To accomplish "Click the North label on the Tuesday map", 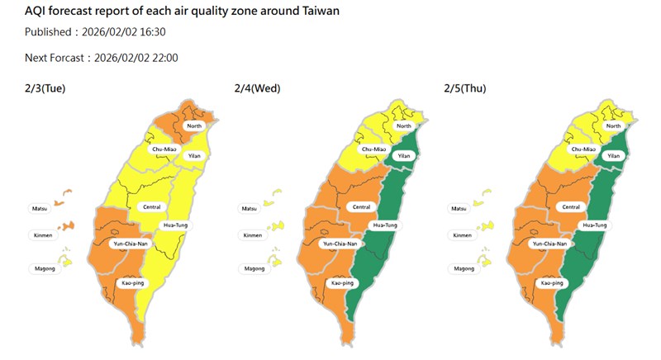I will [194, 126].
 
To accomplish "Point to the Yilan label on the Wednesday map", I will [404, 155].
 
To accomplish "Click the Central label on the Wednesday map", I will [361, 206].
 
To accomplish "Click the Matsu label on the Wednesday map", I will [250, 210].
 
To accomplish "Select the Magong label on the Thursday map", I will [464, 268].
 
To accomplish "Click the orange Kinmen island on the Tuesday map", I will [67, 225].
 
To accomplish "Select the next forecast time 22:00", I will [163, 58].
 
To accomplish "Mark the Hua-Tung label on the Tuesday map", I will [175, 225].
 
